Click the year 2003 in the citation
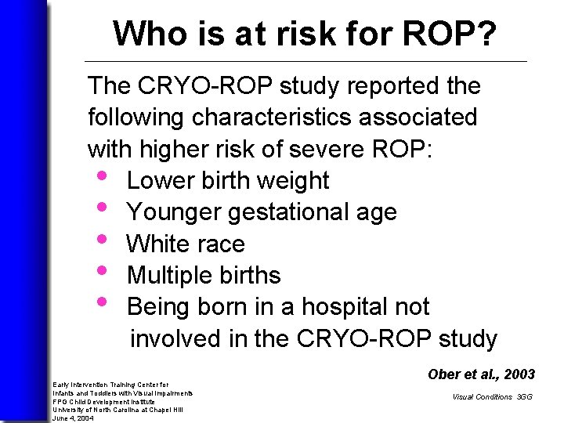click(519, 374)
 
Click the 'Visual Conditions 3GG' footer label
click(491, 397)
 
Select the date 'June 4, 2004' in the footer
click(72, 418)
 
